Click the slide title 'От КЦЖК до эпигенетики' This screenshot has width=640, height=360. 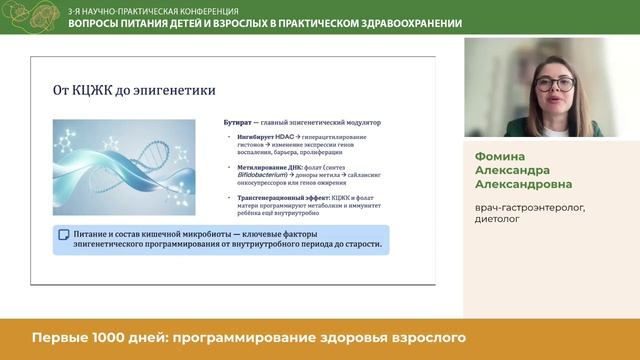(134, 90)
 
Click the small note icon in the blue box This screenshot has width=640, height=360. (63, 234)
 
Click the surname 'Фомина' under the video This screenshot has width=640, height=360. (500, 156)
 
